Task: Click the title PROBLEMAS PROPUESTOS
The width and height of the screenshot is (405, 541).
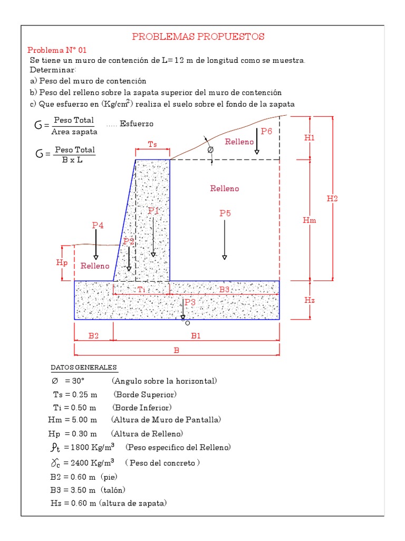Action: click(x=198, y=36)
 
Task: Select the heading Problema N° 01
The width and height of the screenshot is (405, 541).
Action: click(x=53, y=50)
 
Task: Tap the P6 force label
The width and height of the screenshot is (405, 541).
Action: click(x=266, y=132)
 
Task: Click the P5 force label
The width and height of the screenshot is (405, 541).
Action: click(x=225, y=213)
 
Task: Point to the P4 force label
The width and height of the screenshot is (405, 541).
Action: click(x=98, y=225)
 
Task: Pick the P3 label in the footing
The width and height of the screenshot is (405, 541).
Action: click(x=190, y=302)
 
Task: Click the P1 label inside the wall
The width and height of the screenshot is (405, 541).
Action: click(x=153, y=210)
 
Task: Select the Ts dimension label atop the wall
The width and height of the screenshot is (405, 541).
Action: click(x=152, y=144)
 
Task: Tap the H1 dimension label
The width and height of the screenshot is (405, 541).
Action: click(x=310, y=137)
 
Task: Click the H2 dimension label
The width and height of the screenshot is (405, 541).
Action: click(x=332, y=199)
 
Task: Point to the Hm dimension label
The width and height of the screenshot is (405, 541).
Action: click(x=310, y=220)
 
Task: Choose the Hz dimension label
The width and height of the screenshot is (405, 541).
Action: click(x=310, y=300)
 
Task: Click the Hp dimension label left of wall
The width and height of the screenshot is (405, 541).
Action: click(x=62, y=263)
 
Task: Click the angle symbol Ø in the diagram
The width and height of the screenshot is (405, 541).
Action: click(x=211, y=150)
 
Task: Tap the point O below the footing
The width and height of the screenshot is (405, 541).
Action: click(x=187, y=323)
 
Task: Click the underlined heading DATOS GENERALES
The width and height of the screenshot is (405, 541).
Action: click(x=84, y=368)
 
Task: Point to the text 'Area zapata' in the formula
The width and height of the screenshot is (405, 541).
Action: click(x=74, y=131)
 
